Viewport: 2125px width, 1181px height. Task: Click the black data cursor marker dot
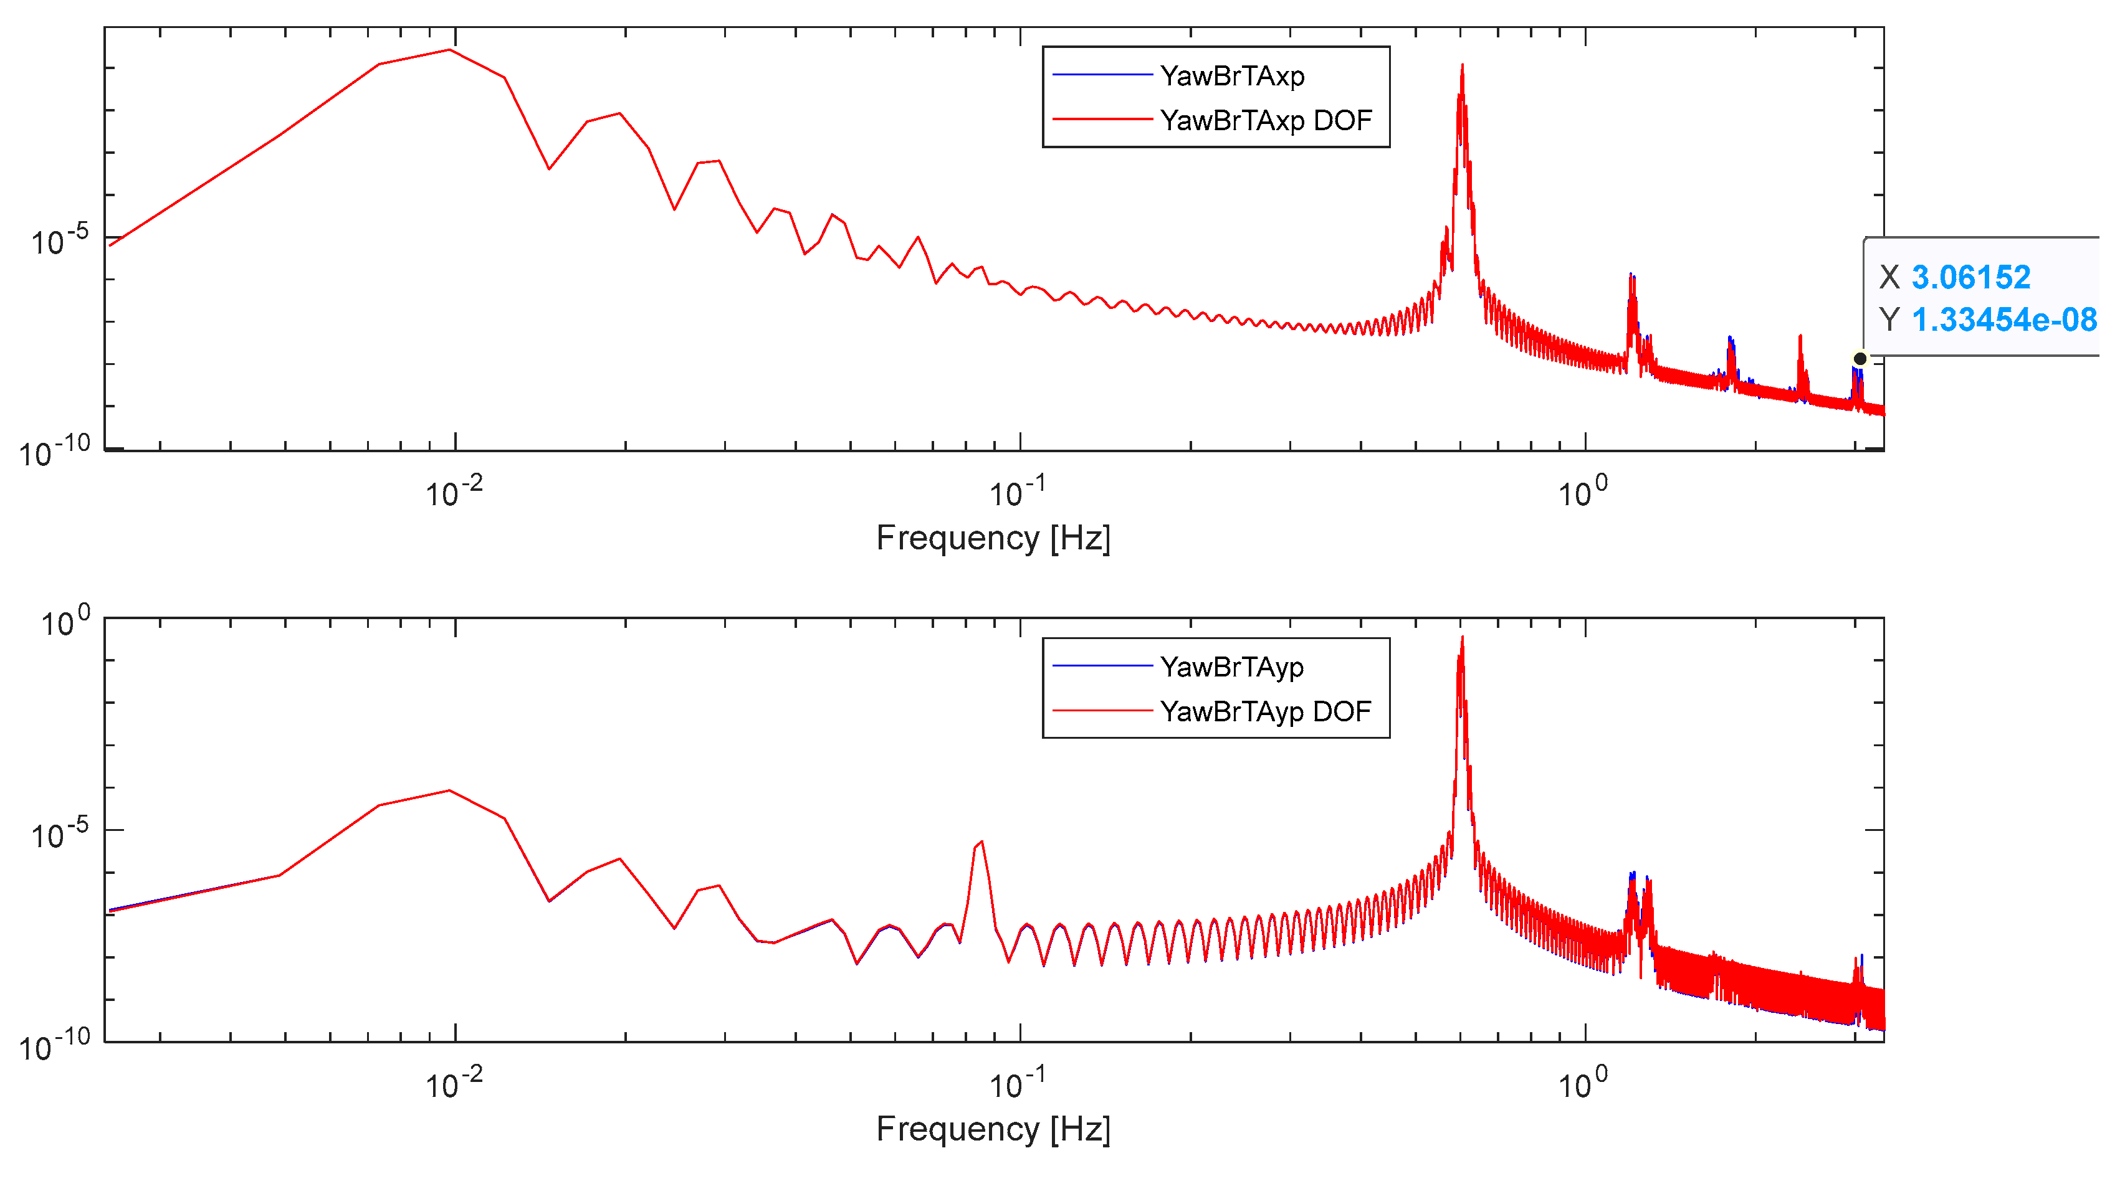(1860, 359)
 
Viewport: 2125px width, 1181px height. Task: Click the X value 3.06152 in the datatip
(1970, 277)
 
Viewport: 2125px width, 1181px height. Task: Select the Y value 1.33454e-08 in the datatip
(2003, 319)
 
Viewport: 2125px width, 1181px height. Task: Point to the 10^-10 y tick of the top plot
(54, 453)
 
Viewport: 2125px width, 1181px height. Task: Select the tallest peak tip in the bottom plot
(1462, 637)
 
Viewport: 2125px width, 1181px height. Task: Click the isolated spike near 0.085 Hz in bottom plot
(981, 842)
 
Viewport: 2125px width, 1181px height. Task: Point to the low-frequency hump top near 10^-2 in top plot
(449, 50)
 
